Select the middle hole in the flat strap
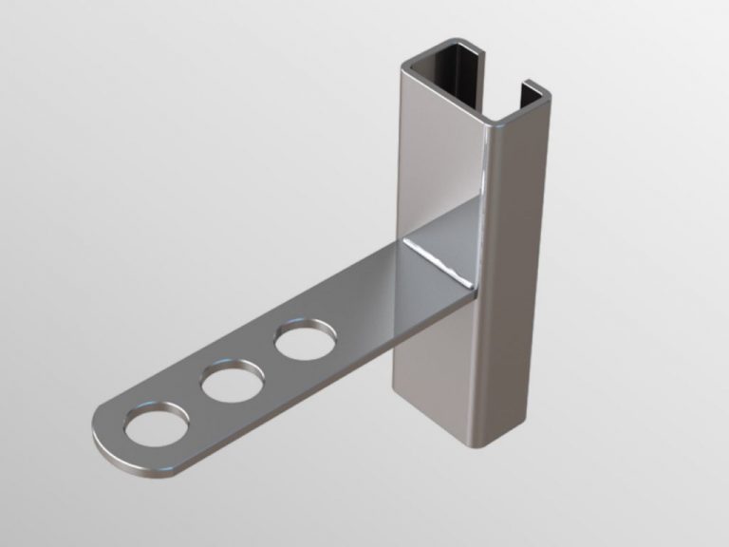[x=231, y=383]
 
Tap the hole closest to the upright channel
[x=305, y=340]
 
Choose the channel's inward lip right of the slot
[x=532, y=93]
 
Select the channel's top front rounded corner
[x=496, y=123]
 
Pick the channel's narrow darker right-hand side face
[x=517, y=285]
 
